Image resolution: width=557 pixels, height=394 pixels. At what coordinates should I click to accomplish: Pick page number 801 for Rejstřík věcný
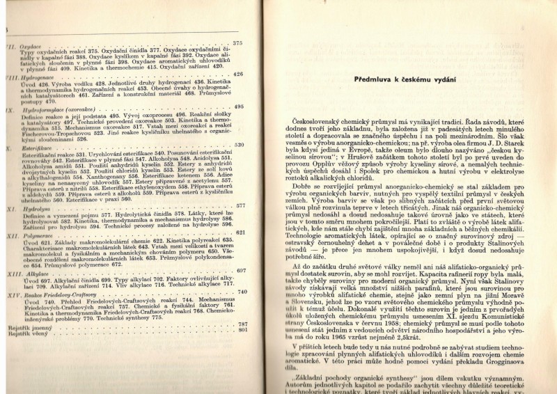tap(242, 330)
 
